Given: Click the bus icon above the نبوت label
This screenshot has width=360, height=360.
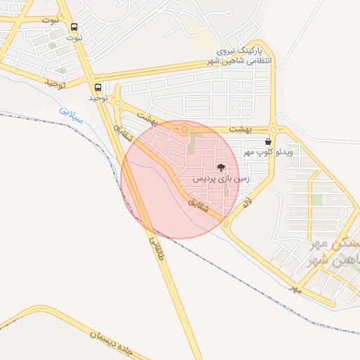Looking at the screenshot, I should (75, 27).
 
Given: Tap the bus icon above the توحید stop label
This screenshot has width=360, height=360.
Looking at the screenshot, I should (98, 88).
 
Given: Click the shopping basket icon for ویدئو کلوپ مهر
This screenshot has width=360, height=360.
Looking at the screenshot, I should (268, 141).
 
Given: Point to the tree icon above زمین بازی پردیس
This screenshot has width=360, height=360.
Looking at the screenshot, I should (221, 167).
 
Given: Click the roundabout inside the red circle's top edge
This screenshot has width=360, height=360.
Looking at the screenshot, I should (185, 129).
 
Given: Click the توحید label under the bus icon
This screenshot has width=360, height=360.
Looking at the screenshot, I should (98, 98).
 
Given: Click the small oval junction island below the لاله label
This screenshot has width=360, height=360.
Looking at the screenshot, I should (226, 224).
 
